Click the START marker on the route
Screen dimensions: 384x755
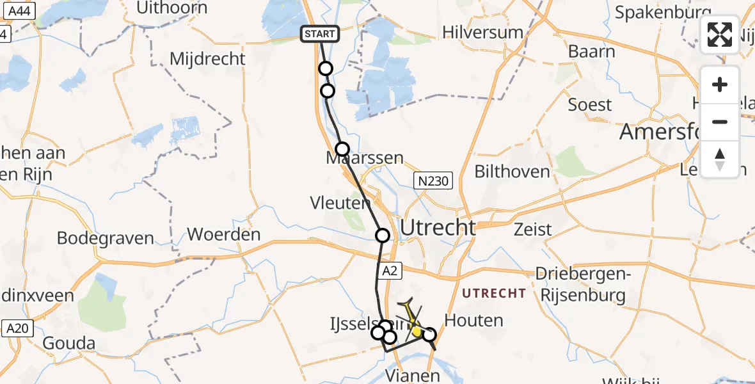pyautogui.click(x=321, y=34)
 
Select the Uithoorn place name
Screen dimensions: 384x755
pyautogui.click(x=172, y=8)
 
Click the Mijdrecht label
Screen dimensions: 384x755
pyautogui.click(x=207, y=59)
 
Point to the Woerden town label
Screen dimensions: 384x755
pyautogui.click(x=224, y=234)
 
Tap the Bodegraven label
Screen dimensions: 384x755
pyautogui.click(x=106, y=238)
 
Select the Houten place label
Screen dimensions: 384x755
pyautogui.click(x=473, y=320)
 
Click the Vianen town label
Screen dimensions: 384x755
pyautogui.click(x=413, y=375)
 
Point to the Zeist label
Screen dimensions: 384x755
pyautogui.click(x=534, y=230)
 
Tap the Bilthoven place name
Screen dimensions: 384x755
pyautogui.click(x=512, y=172)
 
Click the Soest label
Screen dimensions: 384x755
pyautogui.click(x=590, y=104)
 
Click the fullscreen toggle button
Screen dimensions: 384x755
pyautogui.click(x=720, y=35)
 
